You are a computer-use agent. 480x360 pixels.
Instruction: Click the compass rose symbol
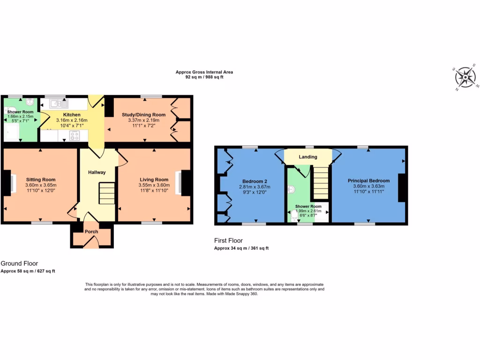pos(466,77)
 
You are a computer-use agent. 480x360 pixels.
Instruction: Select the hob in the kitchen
pos(75,136)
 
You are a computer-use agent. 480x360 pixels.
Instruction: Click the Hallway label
pos(97,172)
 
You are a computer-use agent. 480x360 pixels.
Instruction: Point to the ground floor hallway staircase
pos(107,194)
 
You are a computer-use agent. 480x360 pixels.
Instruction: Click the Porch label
pos(91,232)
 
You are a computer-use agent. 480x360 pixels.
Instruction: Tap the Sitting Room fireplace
pos(9,183)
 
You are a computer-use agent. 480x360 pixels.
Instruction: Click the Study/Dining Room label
pos(144,115)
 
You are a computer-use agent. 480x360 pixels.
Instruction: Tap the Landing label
pos(308,157)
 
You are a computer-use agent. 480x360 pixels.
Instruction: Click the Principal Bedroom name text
pos(368,180)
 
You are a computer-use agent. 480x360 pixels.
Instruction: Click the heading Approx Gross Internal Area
pos(204,72)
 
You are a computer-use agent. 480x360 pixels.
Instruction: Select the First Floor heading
pos(228,240)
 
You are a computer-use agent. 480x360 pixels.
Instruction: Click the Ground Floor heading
pos(20,263)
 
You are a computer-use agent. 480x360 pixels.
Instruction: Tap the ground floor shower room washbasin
pos(30,101)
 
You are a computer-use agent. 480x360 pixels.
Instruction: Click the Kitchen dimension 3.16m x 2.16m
pos(72,120)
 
